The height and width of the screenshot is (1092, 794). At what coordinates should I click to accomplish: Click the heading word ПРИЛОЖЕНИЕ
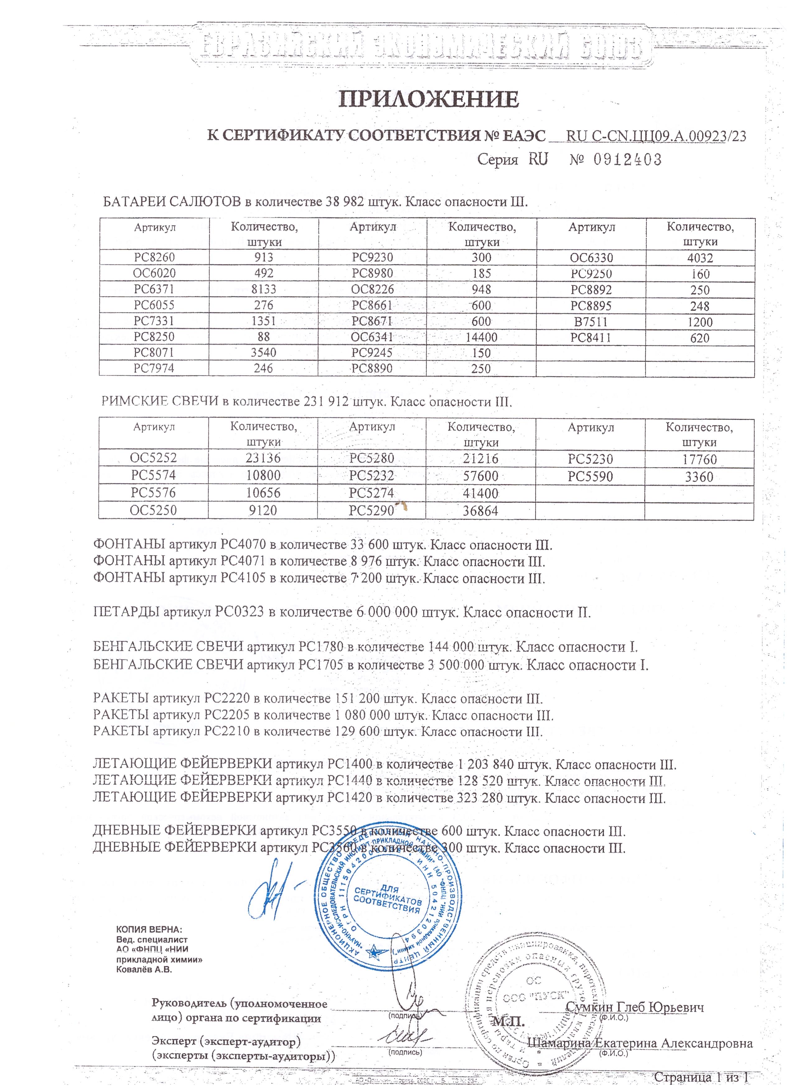point(428,100)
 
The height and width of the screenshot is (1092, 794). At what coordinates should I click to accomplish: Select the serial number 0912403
point(628,159)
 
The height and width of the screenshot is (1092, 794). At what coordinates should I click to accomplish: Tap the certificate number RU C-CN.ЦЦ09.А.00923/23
point(656,136)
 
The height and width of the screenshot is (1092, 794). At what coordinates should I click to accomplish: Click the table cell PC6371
point(154,289)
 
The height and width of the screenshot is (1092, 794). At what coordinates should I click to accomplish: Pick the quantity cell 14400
point(481,337)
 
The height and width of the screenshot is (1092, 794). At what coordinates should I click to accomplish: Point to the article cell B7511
point(591,322)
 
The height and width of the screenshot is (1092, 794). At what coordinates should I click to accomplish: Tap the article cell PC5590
point(590,477)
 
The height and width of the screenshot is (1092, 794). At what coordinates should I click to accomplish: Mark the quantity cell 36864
point(480,511)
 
